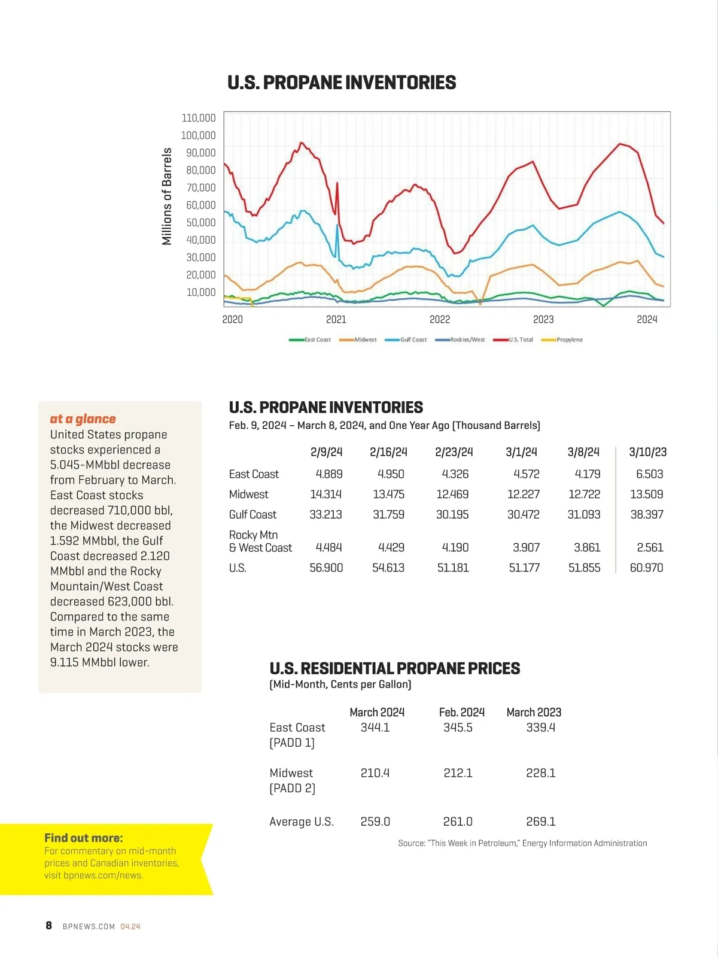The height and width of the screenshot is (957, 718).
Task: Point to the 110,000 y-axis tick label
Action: pyautogui.click(x=199, y=118)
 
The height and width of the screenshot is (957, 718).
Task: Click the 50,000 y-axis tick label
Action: pyautogui.click(x=200, y=223)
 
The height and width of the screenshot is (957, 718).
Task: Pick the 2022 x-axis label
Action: pyautogui.click(x=440, y=320)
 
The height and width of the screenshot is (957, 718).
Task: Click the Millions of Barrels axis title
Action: pyautogui.click(x=167, y=196)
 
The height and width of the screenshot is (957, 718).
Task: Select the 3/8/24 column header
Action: pyautogui.click(x=583, y=452)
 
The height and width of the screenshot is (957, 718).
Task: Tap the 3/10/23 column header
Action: pyautogui.click(x=647, y=452)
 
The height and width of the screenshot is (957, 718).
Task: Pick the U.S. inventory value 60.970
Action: pyautogui.click(x=646, y=568)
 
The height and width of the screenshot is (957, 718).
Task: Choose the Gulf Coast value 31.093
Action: pyautogui.click(x=584, y=514)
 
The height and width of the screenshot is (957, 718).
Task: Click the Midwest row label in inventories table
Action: pyautogui.click(x=249, y=495)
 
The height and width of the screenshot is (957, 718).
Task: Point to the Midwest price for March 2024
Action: pyautogui.click(x=375, y=773)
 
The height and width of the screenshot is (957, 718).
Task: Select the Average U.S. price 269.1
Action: pyautogui.click(x=541, y=822)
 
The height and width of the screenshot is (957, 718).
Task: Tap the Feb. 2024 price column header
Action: pyautogui.click(x=461, y=712)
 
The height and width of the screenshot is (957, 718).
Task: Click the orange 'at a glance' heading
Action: pyautogui.click(x=83, y=419)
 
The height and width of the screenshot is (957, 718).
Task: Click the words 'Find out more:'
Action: pyautogui.click(x=84, y=838)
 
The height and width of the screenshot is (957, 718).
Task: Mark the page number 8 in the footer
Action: pyautogui.click(x=49, y=926)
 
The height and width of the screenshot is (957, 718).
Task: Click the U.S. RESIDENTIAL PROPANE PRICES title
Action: pyautogui.click(x=395, y=668)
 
